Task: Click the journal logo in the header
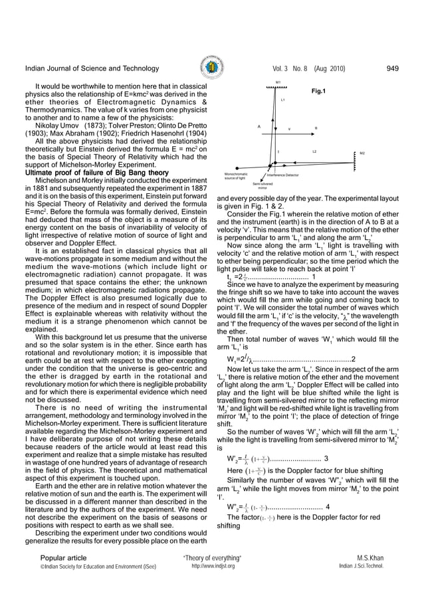coord(211,69)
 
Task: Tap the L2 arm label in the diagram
coord(314,152)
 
